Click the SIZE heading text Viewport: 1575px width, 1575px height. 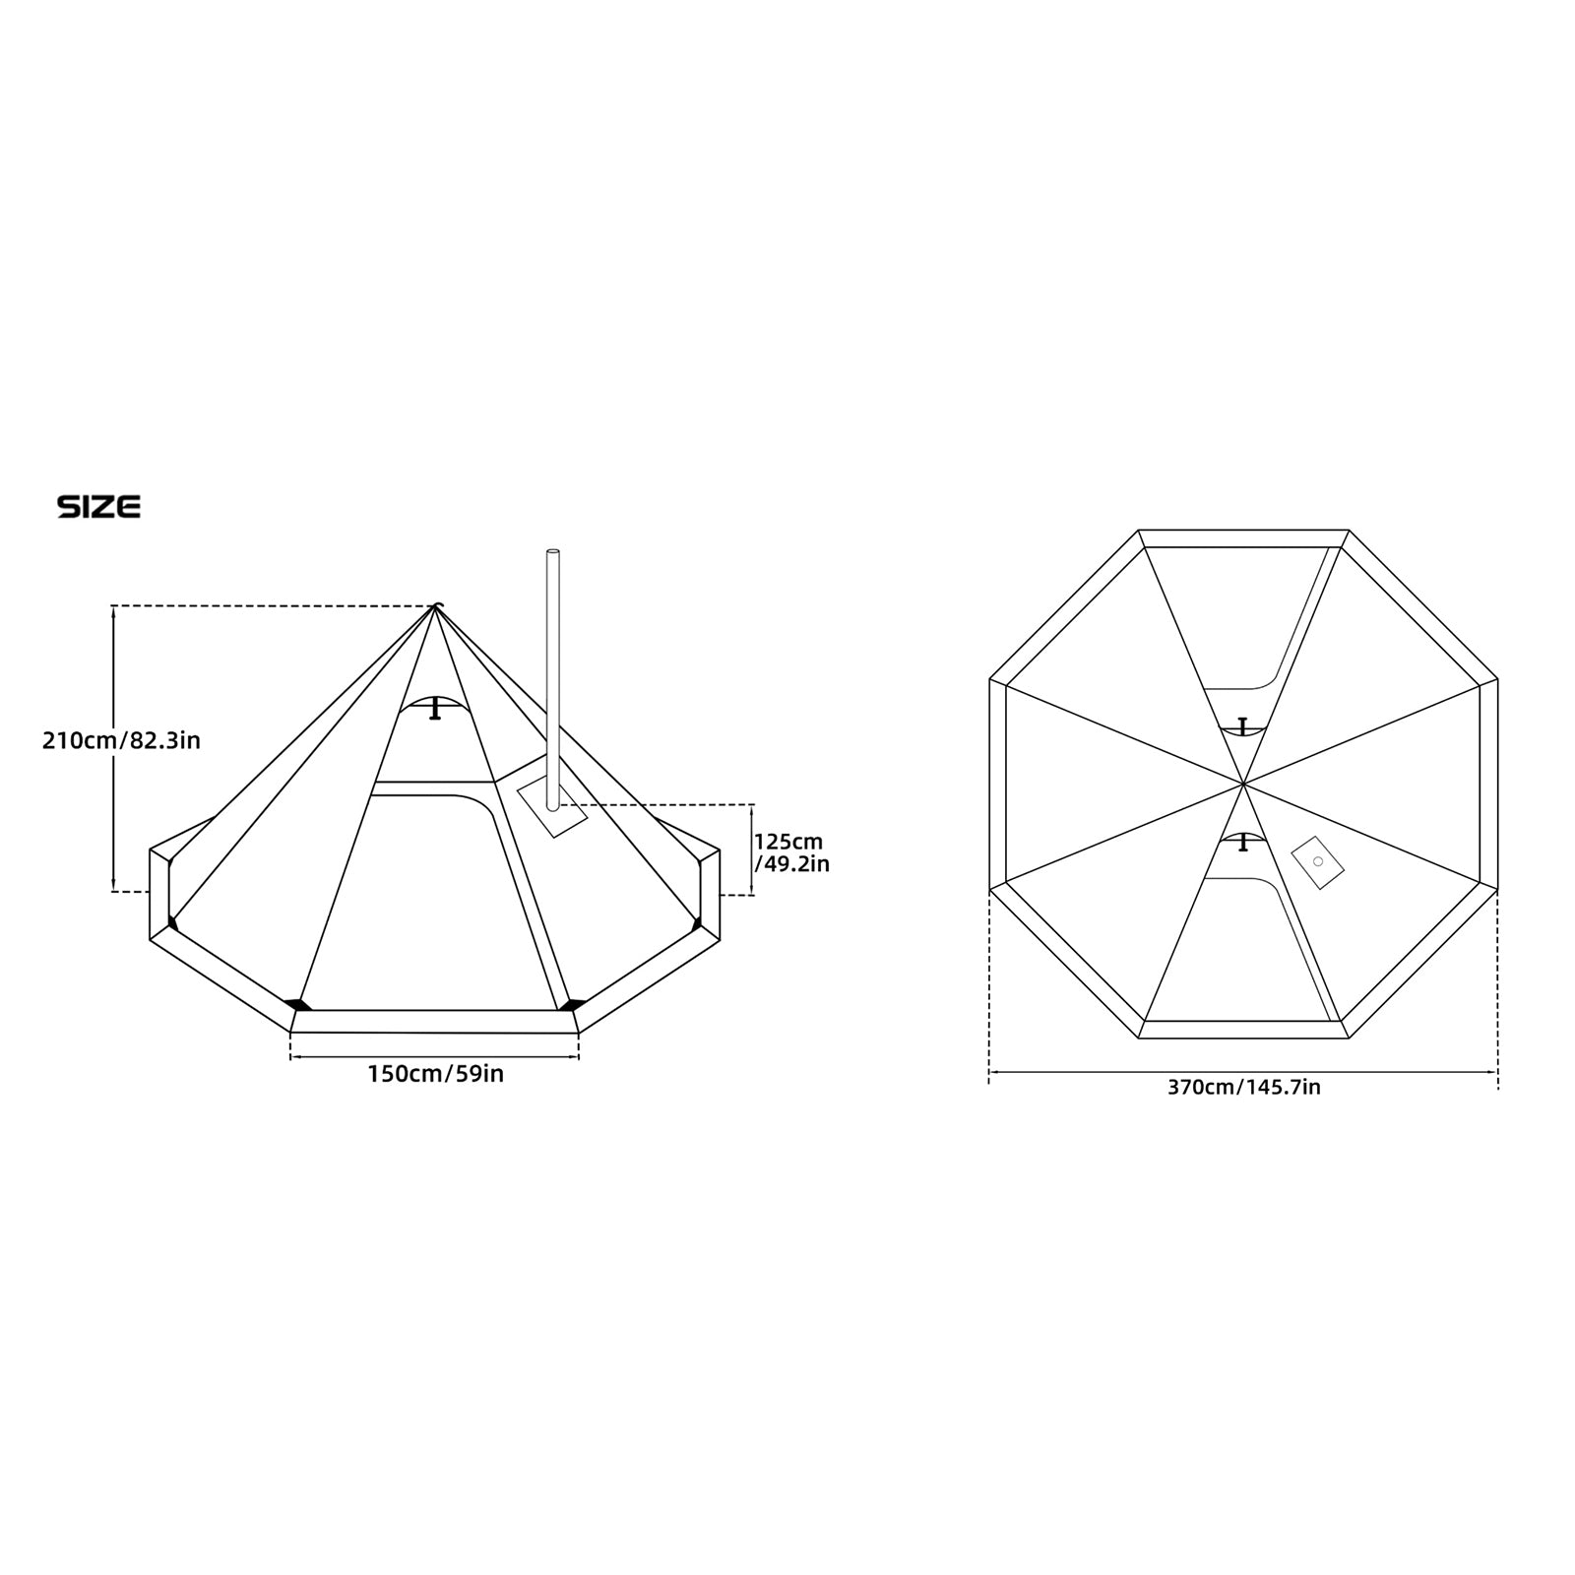[x=98, y=507]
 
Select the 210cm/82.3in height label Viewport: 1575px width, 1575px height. [x=121, y=740]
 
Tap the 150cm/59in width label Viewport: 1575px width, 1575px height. [x=436, y=1074]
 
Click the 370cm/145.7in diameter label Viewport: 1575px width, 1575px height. [x=1243, y=1088]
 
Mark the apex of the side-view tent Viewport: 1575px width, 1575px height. [x=435, y=606]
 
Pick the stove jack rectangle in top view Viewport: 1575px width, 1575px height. [x=1317, y=862]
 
